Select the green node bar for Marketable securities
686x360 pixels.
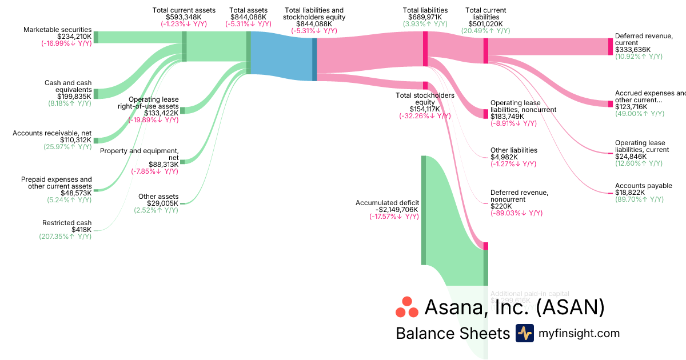tap(96, 37)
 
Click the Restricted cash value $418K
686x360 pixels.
tap(81, 230)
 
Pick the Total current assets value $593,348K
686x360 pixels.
tap(184, 17)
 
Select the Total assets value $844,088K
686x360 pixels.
tap(248, 17)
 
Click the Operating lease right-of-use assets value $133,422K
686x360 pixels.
tap(161, 113)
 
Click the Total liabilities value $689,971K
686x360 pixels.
tap(425, 17)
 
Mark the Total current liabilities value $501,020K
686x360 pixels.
tap(485, 24)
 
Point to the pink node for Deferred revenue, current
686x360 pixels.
tap(610, 46)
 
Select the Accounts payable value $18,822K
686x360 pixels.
tap(630, 193)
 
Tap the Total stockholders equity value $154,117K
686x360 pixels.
tap(425, 109)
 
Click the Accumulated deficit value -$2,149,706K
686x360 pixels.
tap(394, 210)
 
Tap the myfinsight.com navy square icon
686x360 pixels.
tap(524, 333)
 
